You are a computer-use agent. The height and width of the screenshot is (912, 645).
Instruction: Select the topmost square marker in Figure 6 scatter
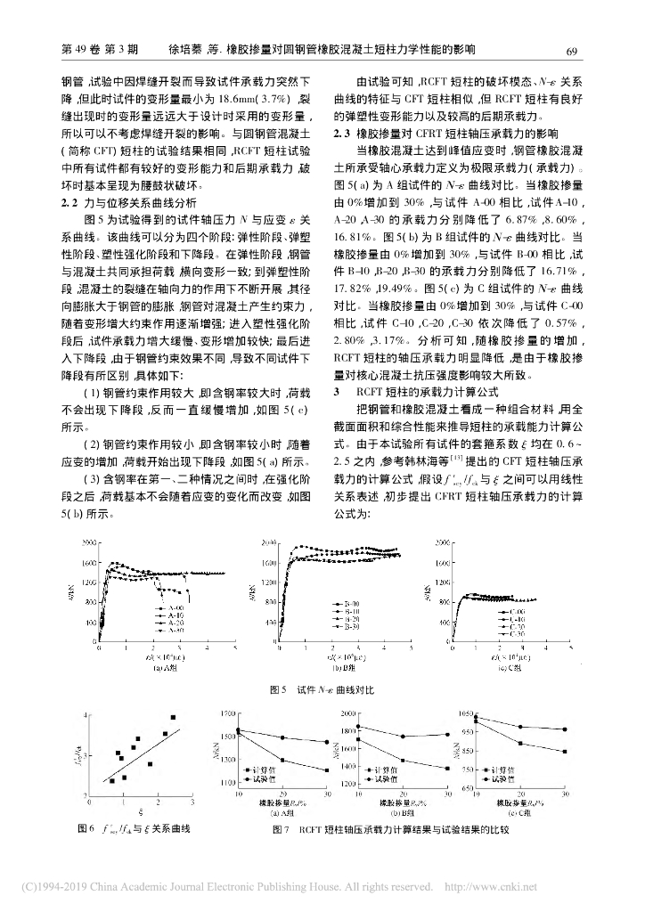[172, 717]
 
